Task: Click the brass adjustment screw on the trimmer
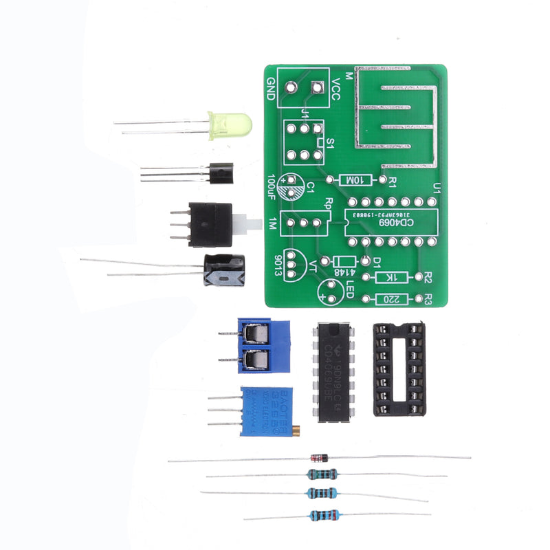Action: [297, 431]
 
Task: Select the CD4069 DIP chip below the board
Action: [333, 371]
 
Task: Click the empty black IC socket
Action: [398, 369]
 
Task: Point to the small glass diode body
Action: [319, 457]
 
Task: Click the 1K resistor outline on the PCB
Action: [393, 277]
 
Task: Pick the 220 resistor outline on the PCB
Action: [390, 299]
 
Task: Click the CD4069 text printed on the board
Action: [397, 222]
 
